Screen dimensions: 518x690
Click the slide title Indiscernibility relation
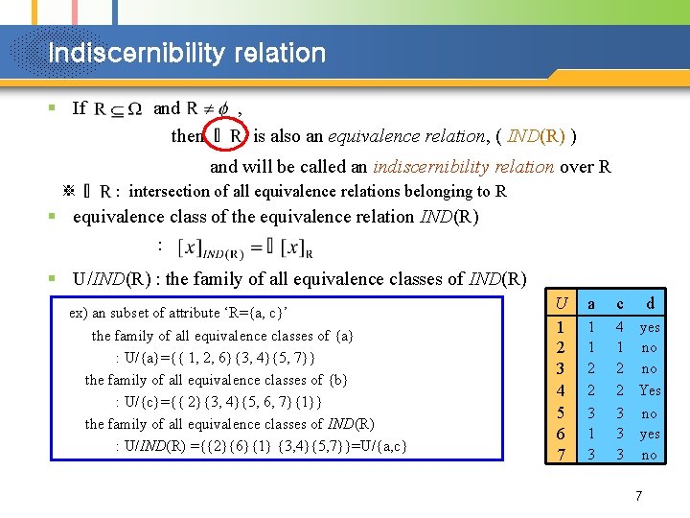coord(187,53)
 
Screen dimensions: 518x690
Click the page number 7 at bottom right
coord(638,496)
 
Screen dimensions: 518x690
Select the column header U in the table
coord(562,303)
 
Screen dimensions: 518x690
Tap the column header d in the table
coord(650,303)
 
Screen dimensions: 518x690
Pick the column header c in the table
coord(620,303)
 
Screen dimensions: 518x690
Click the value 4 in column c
coord(620,326)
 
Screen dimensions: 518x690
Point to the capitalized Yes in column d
coord(650,390)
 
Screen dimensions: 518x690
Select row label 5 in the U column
coord(562,412)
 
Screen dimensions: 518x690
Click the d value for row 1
coord(650,326)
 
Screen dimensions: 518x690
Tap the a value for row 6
coord(590,434)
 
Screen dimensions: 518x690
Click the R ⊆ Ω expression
coord(118,109)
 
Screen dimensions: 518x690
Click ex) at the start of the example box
coord(80,314)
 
